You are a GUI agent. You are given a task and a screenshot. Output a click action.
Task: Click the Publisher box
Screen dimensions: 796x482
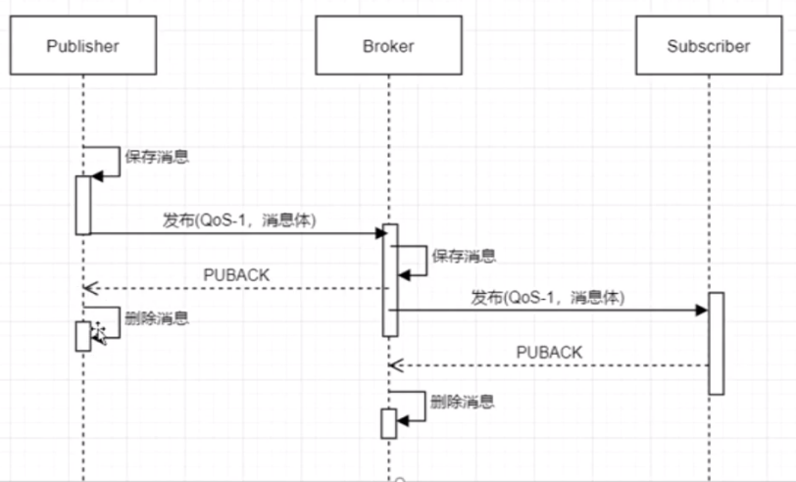83,45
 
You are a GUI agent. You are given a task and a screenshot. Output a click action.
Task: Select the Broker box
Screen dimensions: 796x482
388,45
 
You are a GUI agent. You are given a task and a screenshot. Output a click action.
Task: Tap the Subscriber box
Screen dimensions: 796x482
709,45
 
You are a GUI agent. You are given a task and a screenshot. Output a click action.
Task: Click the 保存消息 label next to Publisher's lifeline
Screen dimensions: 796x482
157,157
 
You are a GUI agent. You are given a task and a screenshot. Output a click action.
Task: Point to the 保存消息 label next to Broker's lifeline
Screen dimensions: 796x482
464,256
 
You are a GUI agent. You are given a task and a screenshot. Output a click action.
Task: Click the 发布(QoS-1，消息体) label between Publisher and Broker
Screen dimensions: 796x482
239,220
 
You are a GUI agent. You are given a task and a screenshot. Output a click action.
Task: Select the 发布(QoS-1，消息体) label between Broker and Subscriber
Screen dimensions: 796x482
548,297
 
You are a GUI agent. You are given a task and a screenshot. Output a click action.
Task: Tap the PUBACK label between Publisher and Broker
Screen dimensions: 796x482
236,275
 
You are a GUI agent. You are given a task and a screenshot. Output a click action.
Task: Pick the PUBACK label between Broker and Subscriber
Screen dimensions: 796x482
549,352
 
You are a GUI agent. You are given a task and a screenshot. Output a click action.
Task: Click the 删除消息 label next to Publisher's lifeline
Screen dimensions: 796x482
157,318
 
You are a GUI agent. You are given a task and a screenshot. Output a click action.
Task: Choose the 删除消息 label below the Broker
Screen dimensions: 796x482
463,402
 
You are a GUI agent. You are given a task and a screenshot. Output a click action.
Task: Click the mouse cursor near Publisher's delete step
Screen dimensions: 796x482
100,333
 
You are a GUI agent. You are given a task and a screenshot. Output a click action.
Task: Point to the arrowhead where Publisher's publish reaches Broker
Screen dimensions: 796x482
381,233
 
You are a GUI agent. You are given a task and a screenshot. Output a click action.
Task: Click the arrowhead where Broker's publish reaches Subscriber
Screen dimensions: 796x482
702,310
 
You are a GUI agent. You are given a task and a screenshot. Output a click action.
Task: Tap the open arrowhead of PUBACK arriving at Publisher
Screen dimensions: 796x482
90,288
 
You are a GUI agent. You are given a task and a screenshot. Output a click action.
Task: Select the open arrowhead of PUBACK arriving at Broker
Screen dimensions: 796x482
396,365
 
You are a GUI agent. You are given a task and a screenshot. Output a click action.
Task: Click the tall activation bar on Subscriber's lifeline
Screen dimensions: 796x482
717,344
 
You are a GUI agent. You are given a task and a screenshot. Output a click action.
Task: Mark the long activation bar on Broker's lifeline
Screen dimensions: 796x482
390,280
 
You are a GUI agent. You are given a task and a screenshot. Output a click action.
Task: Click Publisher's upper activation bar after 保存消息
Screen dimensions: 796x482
83,206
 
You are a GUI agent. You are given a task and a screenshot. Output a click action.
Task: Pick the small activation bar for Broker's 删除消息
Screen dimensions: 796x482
389,423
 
